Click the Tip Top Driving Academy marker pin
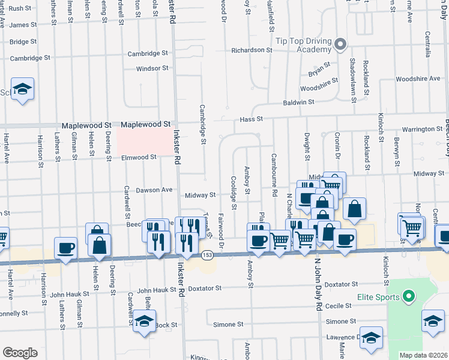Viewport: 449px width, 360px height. point(340,44)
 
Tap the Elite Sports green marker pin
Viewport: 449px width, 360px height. point(409,296)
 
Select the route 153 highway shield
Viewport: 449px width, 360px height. point(206,254)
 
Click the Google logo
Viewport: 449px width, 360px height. point(20,353)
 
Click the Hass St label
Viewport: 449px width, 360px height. point(252,119)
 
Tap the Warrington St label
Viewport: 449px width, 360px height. point(423,129)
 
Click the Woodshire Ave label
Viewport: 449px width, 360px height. point(419,79)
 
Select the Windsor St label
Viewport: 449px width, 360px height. point(152,68)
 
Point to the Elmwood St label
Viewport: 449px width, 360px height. point(139,157)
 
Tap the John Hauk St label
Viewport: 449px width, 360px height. point(70,294)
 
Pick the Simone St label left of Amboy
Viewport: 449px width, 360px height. point(228,324)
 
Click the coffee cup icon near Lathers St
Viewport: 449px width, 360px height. point(65,247)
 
